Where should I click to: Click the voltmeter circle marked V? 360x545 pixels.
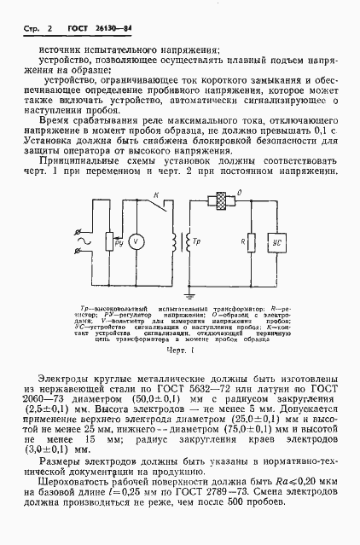(143, 241)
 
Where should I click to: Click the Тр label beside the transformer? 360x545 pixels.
(197, 241)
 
